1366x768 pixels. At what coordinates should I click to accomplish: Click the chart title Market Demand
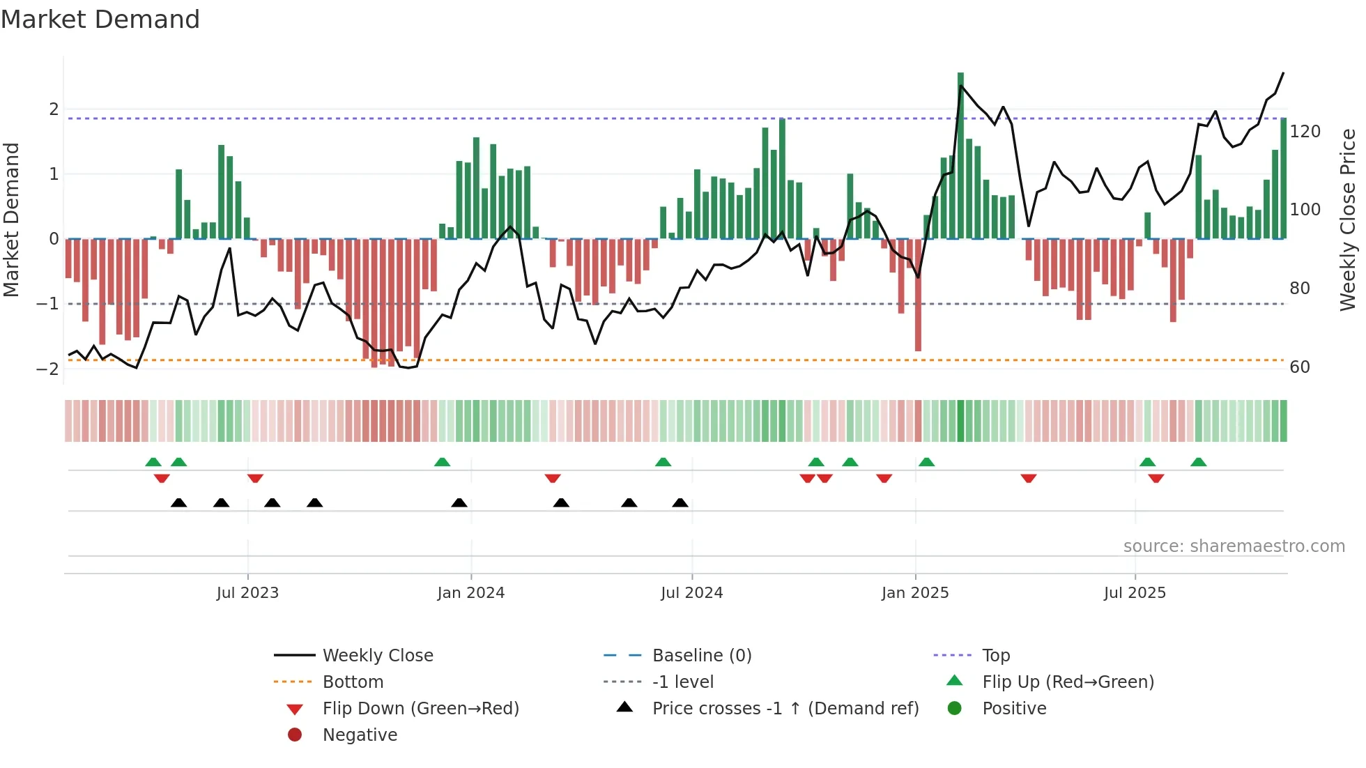(x=100, y=20)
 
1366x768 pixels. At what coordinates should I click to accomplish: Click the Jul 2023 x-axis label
(x=247, y=593)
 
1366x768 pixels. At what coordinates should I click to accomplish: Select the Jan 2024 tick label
(x=470, y=593)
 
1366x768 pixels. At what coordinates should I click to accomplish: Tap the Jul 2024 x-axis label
(x=691, y=593)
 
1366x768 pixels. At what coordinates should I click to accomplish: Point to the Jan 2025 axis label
(x=914, y=593)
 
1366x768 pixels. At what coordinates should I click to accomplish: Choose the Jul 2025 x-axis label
(x=1135, y=593)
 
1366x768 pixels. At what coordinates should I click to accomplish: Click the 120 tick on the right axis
(x=1305, y=132)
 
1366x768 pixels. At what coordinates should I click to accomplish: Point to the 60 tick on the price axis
(x=1299, y=367)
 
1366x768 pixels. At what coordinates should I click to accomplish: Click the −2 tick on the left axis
(x=47, y=369)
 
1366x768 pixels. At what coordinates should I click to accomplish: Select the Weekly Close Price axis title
(x=1348, y=220)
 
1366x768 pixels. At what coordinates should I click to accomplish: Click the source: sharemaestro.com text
(x=1234, y=546)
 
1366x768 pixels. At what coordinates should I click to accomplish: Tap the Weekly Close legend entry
(x=378, y=656)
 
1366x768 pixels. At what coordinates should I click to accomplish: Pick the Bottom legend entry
(x=353, y=682)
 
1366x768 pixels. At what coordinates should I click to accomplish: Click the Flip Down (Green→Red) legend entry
(x=420, y=709)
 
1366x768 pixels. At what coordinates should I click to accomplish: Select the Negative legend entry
(x=360, y=735)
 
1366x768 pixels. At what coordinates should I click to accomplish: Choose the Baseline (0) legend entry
(x=701, y=656)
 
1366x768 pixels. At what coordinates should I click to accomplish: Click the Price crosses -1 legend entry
(x=785, y=709)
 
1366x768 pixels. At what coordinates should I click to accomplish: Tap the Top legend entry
(x=996, y=656)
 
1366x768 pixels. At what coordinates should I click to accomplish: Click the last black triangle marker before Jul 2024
(x=680, y=503)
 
